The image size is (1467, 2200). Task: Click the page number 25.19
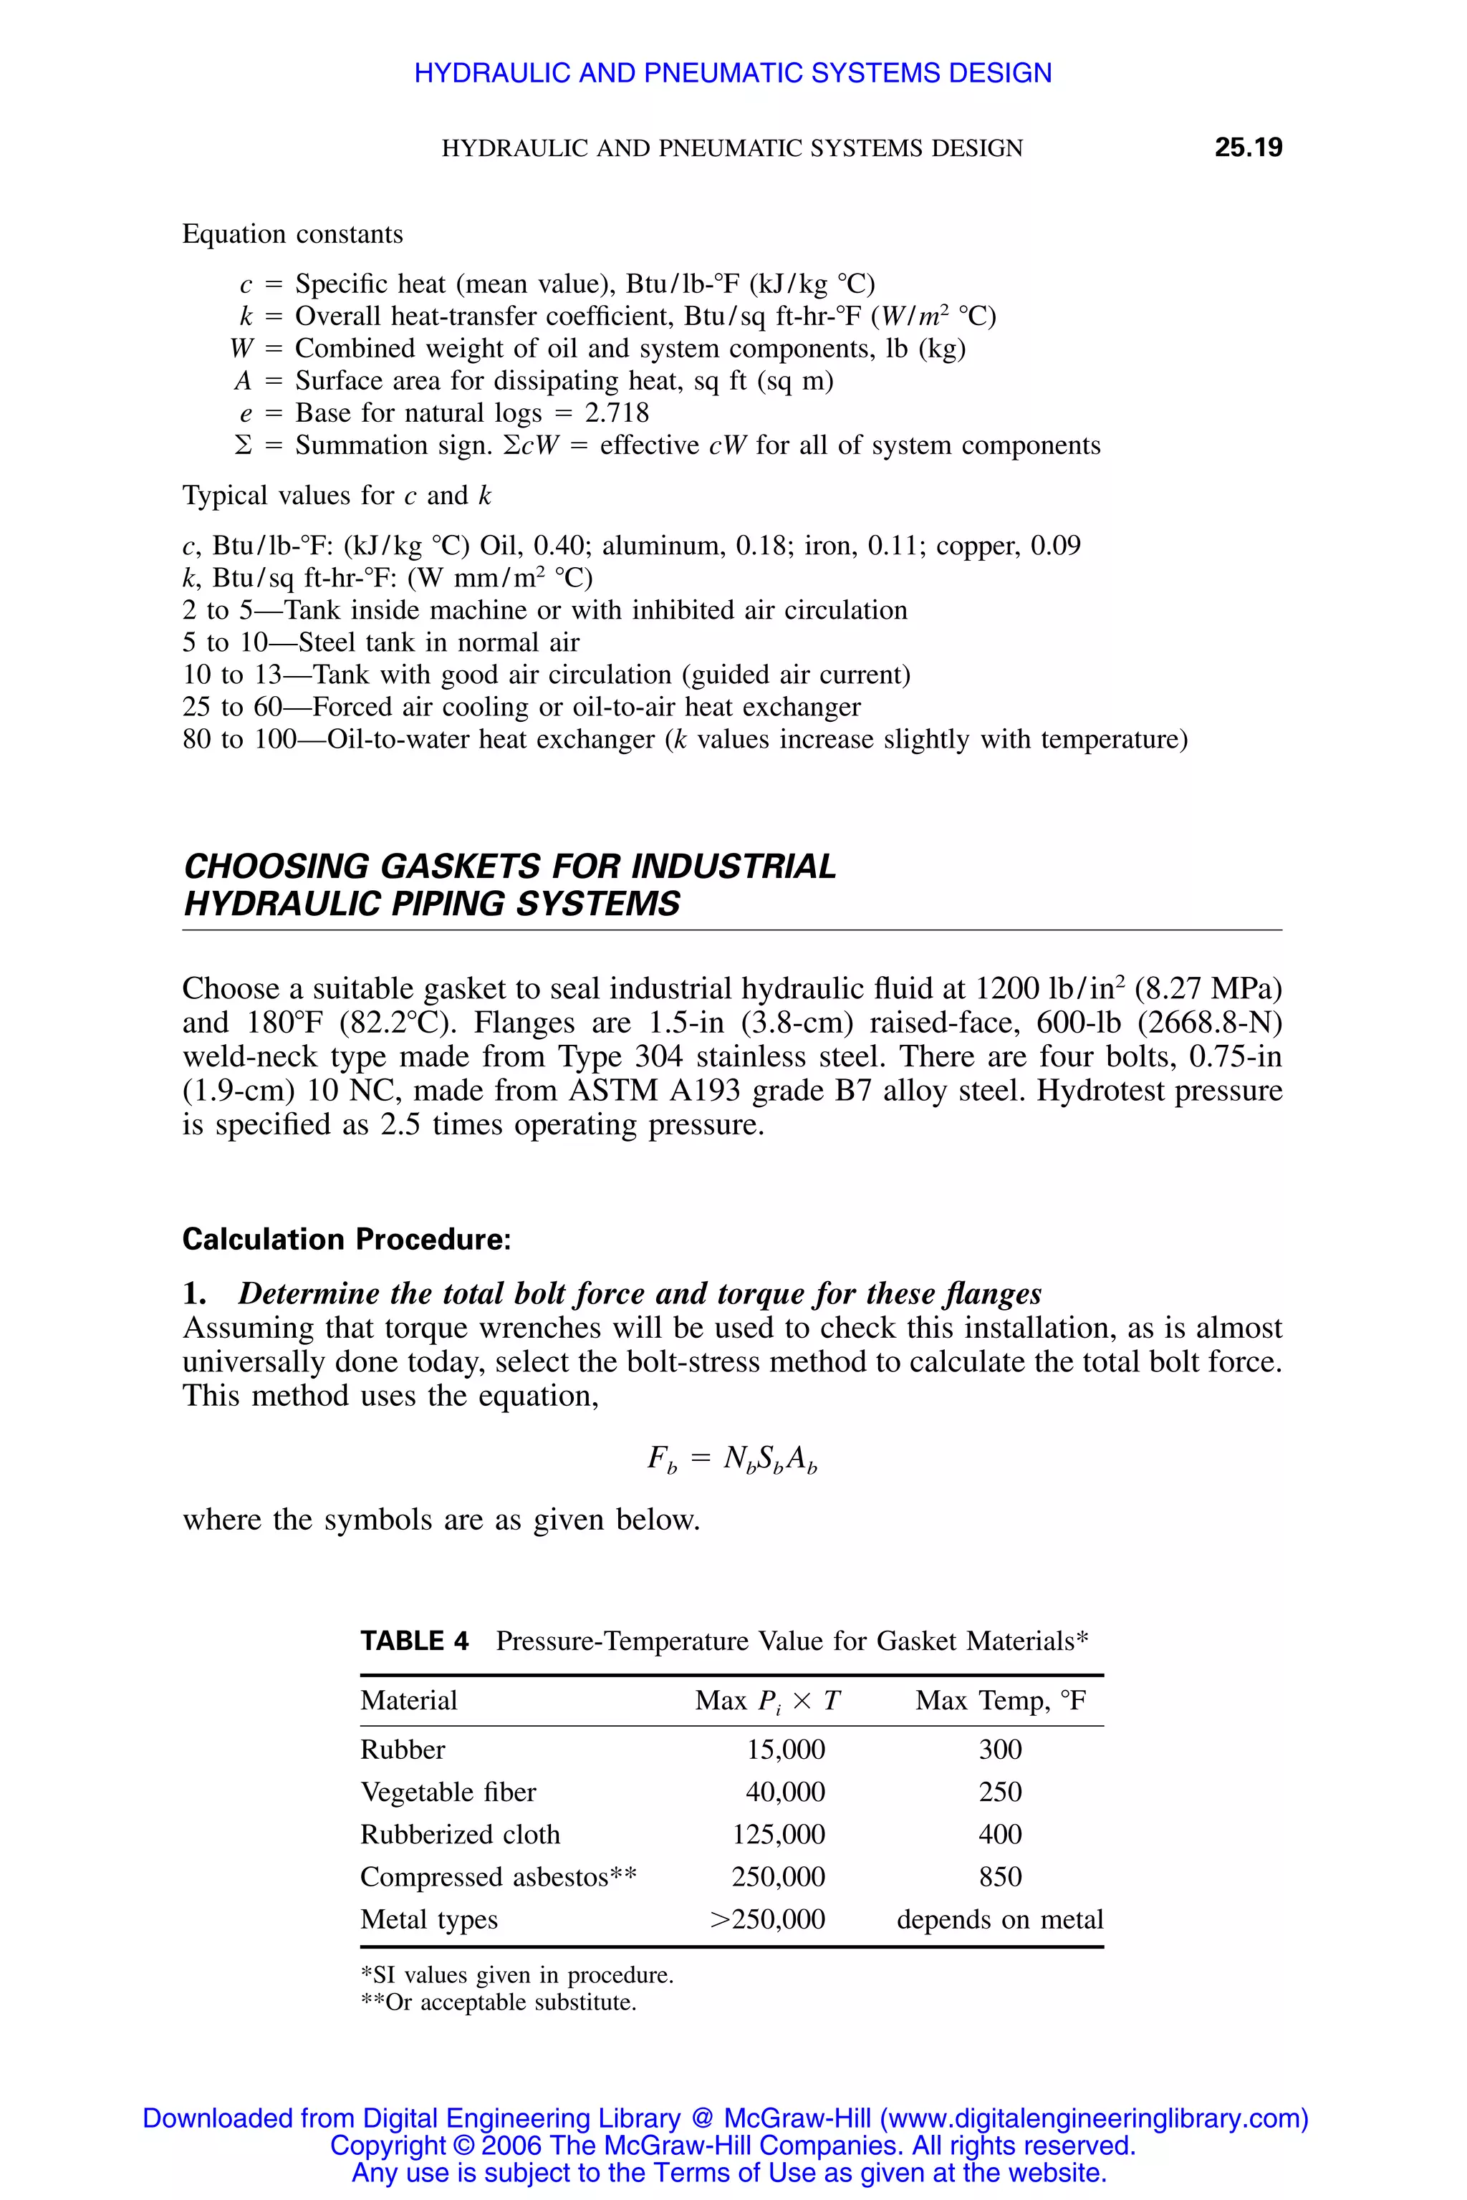pos(1247,148)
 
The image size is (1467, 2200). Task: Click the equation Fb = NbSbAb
pos(733,1458)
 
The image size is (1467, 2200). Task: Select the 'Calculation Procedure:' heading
pos(346,1240)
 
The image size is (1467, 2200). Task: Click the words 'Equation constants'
pos(292,234)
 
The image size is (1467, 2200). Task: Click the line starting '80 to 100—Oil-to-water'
pos(684,739)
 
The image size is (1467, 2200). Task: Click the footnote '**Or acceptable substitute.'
pos(498,2002)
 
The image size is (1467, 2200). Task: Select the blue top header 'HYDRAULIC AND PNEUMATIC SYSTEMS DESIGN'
pos(733,73)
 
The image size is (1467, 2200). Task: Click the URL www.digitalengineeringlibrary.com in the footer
pos(1091,2118)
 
